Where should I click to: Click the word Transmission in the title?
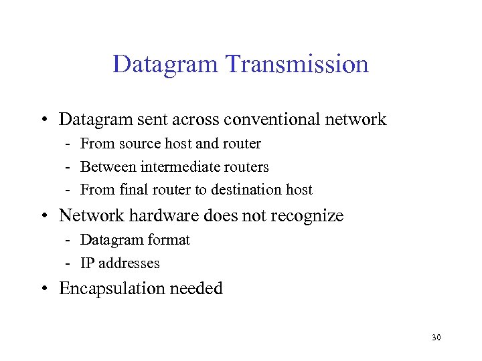pyautogui.click(x=297, y=64)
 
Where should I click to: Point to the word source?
pyautogui.click(x=140, y=144)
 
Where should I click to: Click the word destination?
pyautogui.click(x=247, y=189)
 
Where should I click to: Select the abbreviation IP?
pyautogui.click(x=88, y=263)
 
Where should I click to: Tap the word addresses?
pyautogui.click(x=130, y=263)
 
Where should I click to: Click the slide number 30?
pyautogui.click(x=436, y=338)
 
